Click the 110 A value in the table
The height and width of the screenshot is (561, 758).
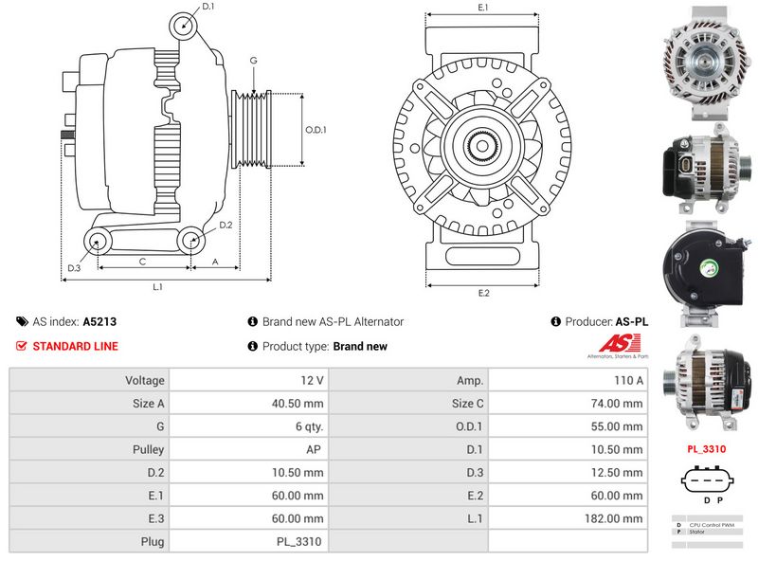[628, 380]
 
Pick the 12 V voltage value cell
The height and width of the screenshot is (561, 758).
[312, 380]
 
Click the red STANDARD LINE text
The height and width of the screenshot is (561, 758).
[75, 346]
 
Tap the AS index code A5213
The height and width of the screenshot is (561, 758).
[99, 322]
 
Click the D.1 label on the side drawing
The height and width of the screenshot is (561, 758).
[208, 7]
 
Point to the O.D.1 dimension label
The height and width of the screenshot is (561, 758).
[316, 131]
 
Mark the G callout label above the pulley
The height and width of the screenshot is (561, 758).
[253, 61]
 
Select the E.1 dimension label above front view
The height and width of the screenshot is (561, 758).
[483, 8]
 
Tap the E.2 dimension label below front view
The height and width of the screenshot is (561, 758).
[483, 293]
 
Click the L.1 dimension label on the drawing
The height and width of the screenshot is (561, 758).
[158, 286]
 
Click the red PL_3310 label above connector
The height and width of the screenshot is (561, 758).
[706, 448]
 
